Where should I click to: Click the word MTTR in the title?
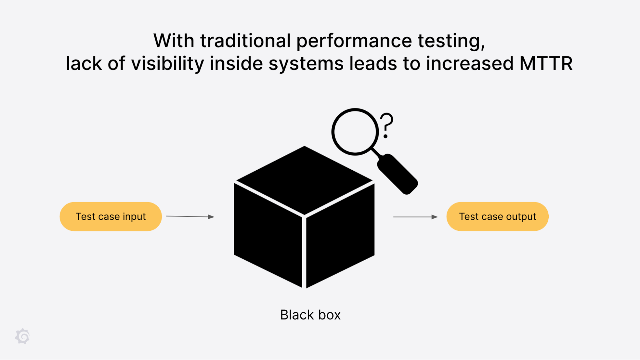point(546,63)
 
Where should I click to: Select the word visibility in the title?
point(167,63)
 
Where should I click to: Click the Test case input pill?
point(110,217)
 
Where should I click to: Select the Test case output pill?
point(497,217)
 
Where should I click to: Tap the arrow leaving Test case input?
point(190,217)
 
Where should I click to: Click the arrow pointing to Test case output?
point(415,217)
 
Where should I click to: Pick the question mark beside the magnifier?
point(387,125)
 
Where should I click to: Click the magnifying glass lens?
point(355,132)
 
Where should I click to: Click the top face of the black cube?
point(304,179)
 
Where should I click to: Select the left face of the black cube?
point(268,235)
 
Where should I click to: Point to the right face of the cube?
point(340,235)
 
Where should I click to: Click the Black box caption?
point(310,315)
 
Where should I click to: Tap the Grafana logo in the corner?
point(22,336)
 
